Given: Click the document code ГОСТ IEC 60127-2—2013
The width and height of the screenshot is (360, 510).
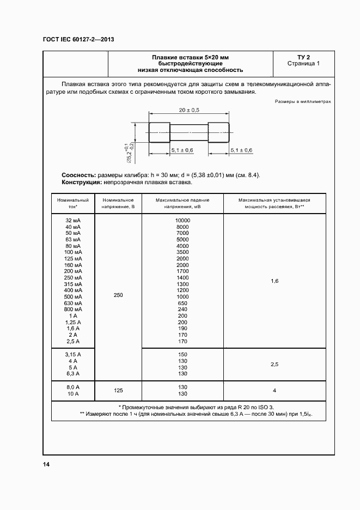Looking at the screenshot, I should click(x=78, y=39).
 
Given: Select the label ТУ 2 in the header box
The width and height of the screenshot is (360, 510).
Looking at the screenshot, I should click(x=303, y=57).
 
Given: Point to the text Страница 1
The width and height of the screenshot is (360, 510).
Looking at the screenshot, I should click(x=303, y=64).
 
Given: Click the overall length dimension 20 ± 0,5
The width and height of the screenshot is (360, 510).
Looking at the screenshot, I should click(x=189, y=110).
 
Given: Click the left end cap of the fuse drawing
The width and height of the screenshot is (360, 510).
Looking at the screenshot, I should click(x=159, y=133).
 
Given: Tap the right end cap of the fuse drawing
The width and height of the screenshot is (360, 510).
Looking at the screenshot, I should click(x=218, y=133).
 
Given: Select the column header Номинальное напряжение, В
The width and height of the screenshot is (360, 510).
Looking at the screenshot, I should click(x=118, y=204).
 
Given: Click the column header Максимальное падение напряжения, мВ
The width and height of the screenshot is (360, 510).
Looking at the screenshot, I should click(x=182, y=204).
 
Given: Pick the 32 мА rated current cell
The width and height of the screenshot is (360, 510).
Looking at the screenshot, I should click(x=73, y=220).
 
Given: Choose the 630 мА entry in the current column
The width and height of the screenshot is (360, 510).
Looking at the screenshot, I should click(x=73, y=303).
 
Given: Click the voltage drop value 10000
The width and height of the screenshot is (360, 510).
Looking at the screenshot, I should click(x=182, y=220).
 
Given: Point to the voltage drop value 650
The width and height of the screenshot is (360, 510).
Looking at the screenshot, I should click(x=182, y=303).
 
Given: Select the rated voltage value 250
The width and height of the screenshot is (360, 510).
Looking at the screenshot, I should click(x=118, y=295).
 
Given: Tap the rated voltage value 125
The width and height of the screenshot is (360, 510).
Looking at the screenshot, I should click(x=118, y=390).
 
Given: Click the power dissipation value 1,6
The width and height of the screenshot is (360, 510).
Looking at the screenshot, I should click(x=274, y=281).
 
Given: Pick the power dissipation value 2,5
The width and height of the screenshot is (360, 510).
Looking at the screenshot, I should click(x=274, y=364).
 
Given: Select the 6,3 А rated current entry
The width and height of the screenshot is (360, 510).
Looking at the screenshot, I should click(x=73, y=374).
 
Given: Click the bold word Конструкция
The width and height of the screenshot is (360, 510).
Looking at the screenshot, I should click(x=78, y=183).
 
